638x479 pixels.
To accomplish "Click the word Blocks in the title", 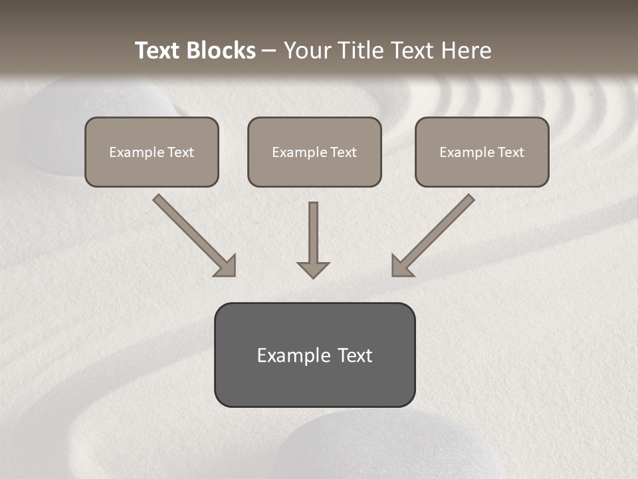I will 221,51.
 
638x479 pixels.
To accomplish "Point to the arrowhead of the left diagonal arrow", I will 226,266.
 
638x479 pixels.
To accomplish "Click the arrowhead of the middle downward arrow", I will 313,269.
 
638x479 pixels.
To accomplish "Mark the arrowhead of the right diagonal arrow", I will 401,266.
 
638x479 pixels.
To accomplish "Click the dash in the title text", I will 269,51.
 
